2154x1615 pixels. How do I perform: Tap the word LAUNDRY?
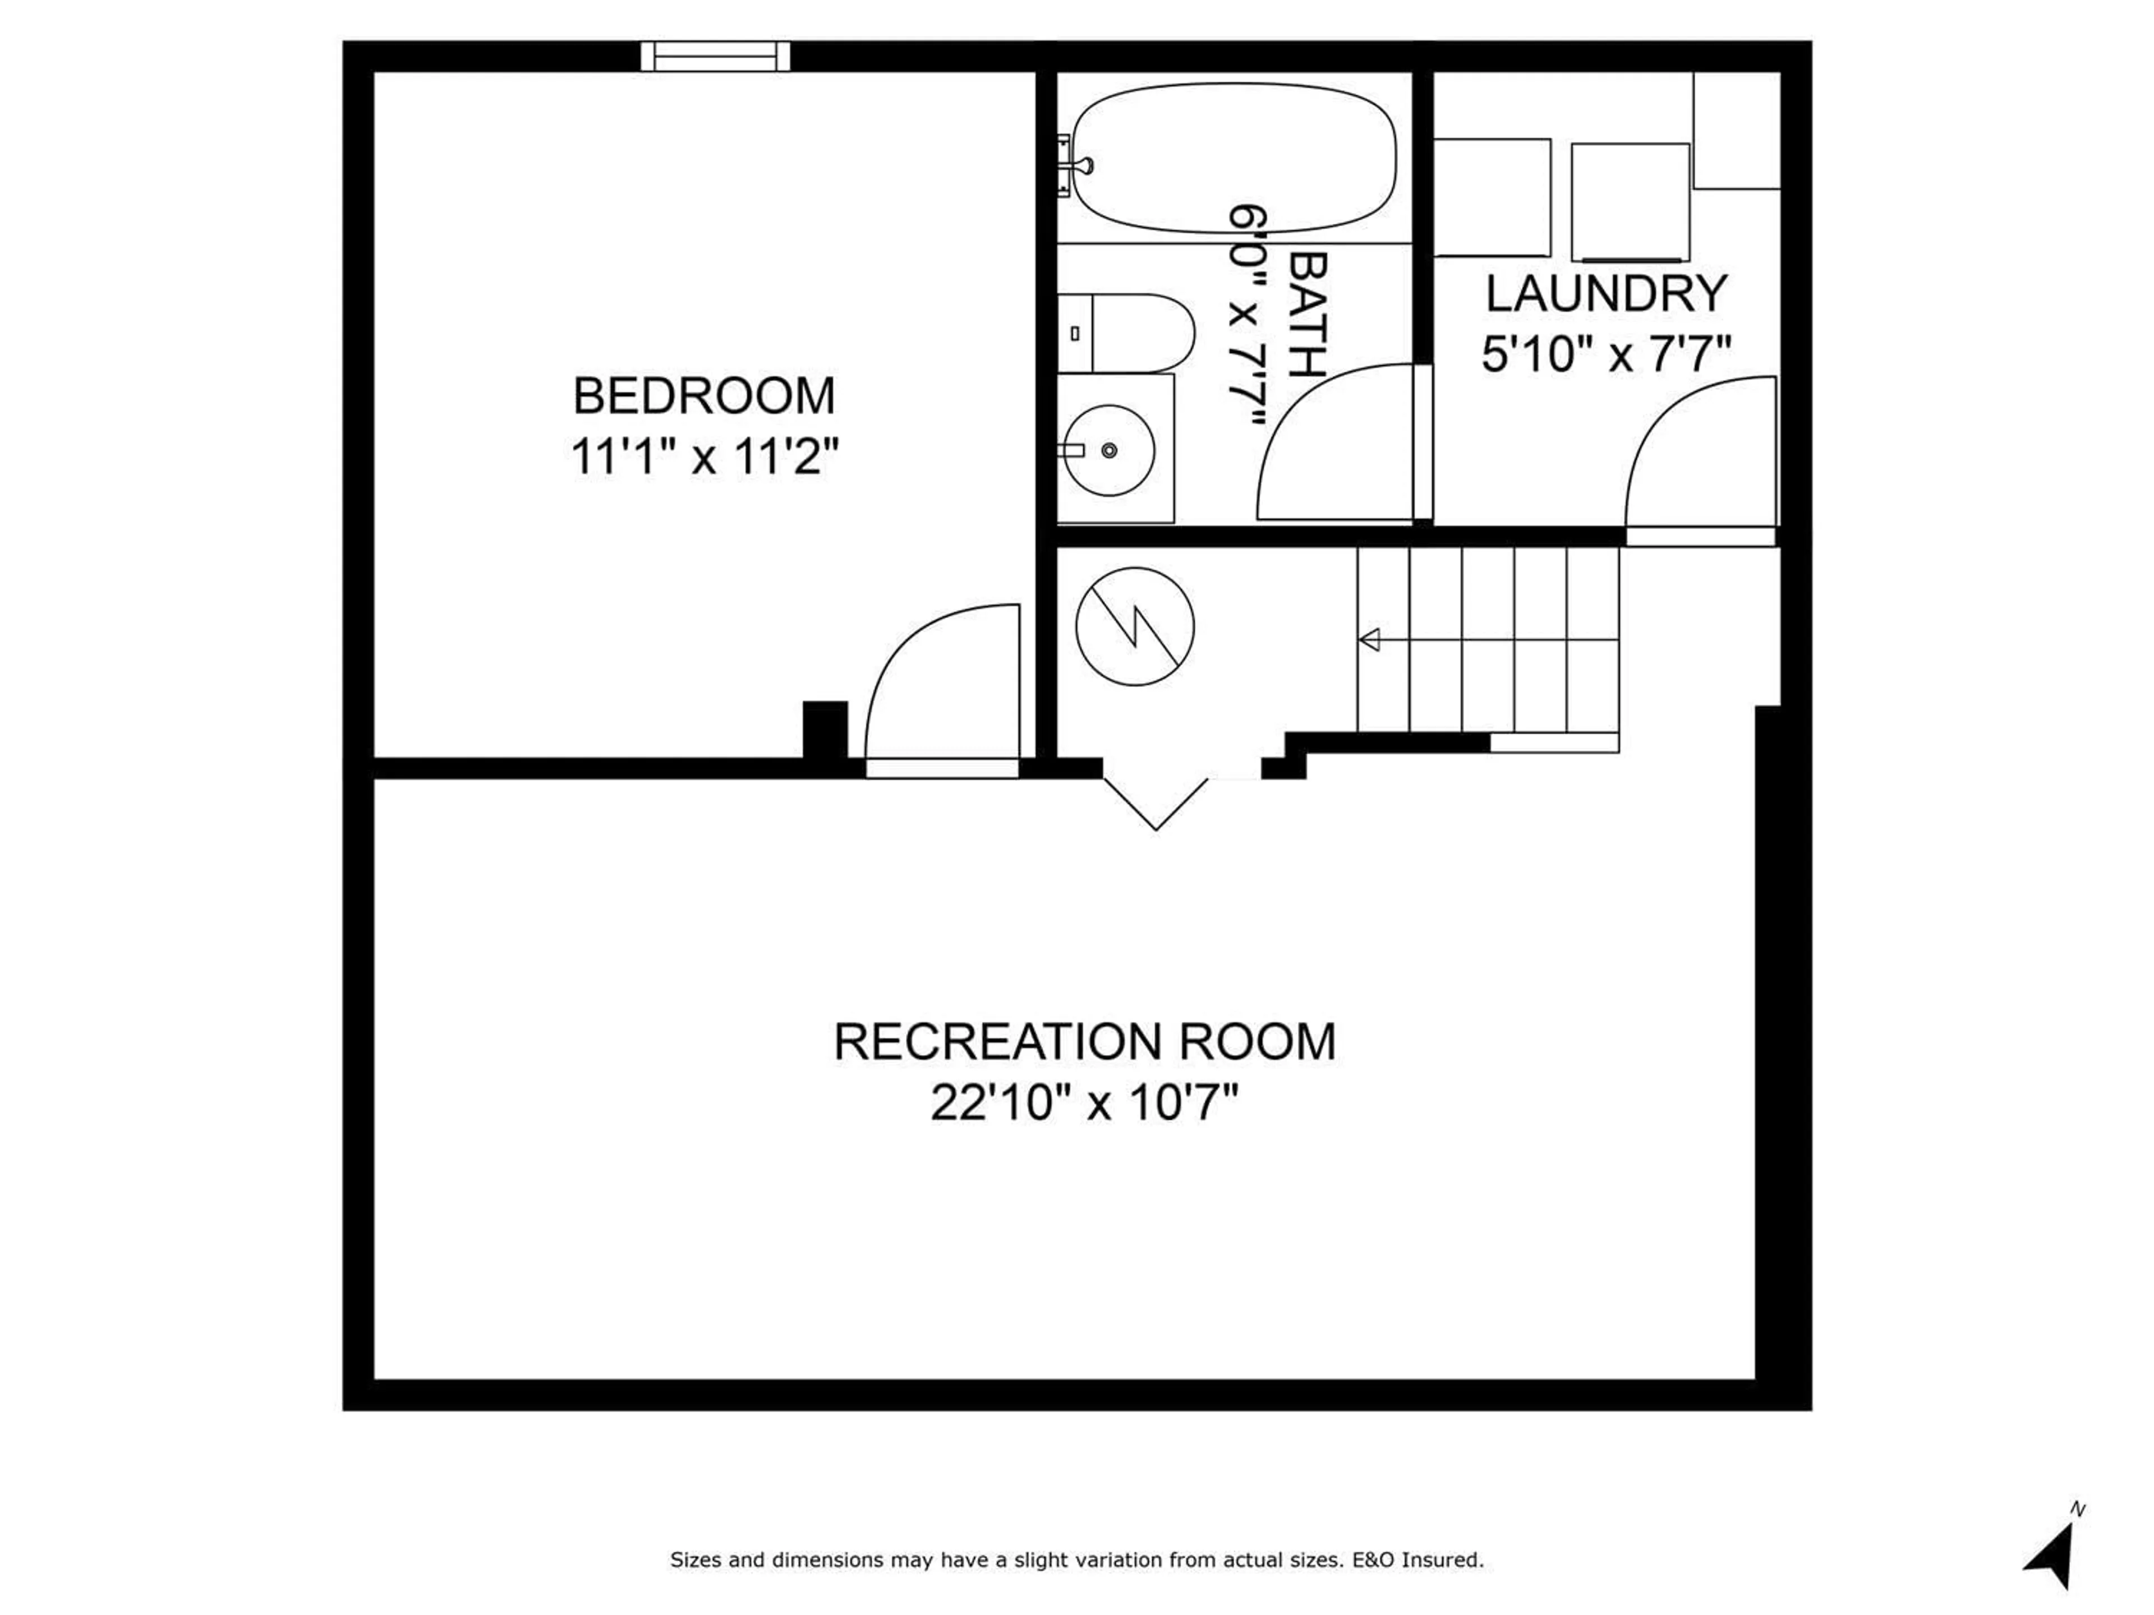[1606, 294]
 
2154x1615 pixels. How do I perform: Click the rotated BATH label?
[1308, 315]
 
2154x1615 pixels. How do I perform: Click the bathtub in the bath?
[1234, 159]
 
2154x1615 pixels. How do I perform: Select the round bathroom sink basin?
[1109, 450]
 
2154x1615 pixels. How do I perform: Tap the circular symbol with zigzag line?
[1134, 626]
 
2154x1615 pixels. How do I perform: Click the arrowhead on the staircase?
[1369, 640]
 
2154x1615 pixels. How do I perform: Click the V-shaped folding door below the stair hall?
[1156, 804]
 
